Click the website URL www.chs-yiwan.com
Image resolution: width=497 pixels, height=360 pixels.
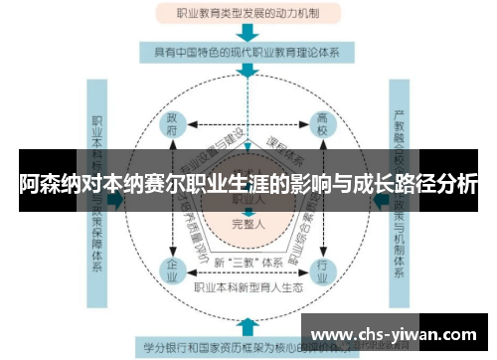pyautogui.click(x=399, y=334)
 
